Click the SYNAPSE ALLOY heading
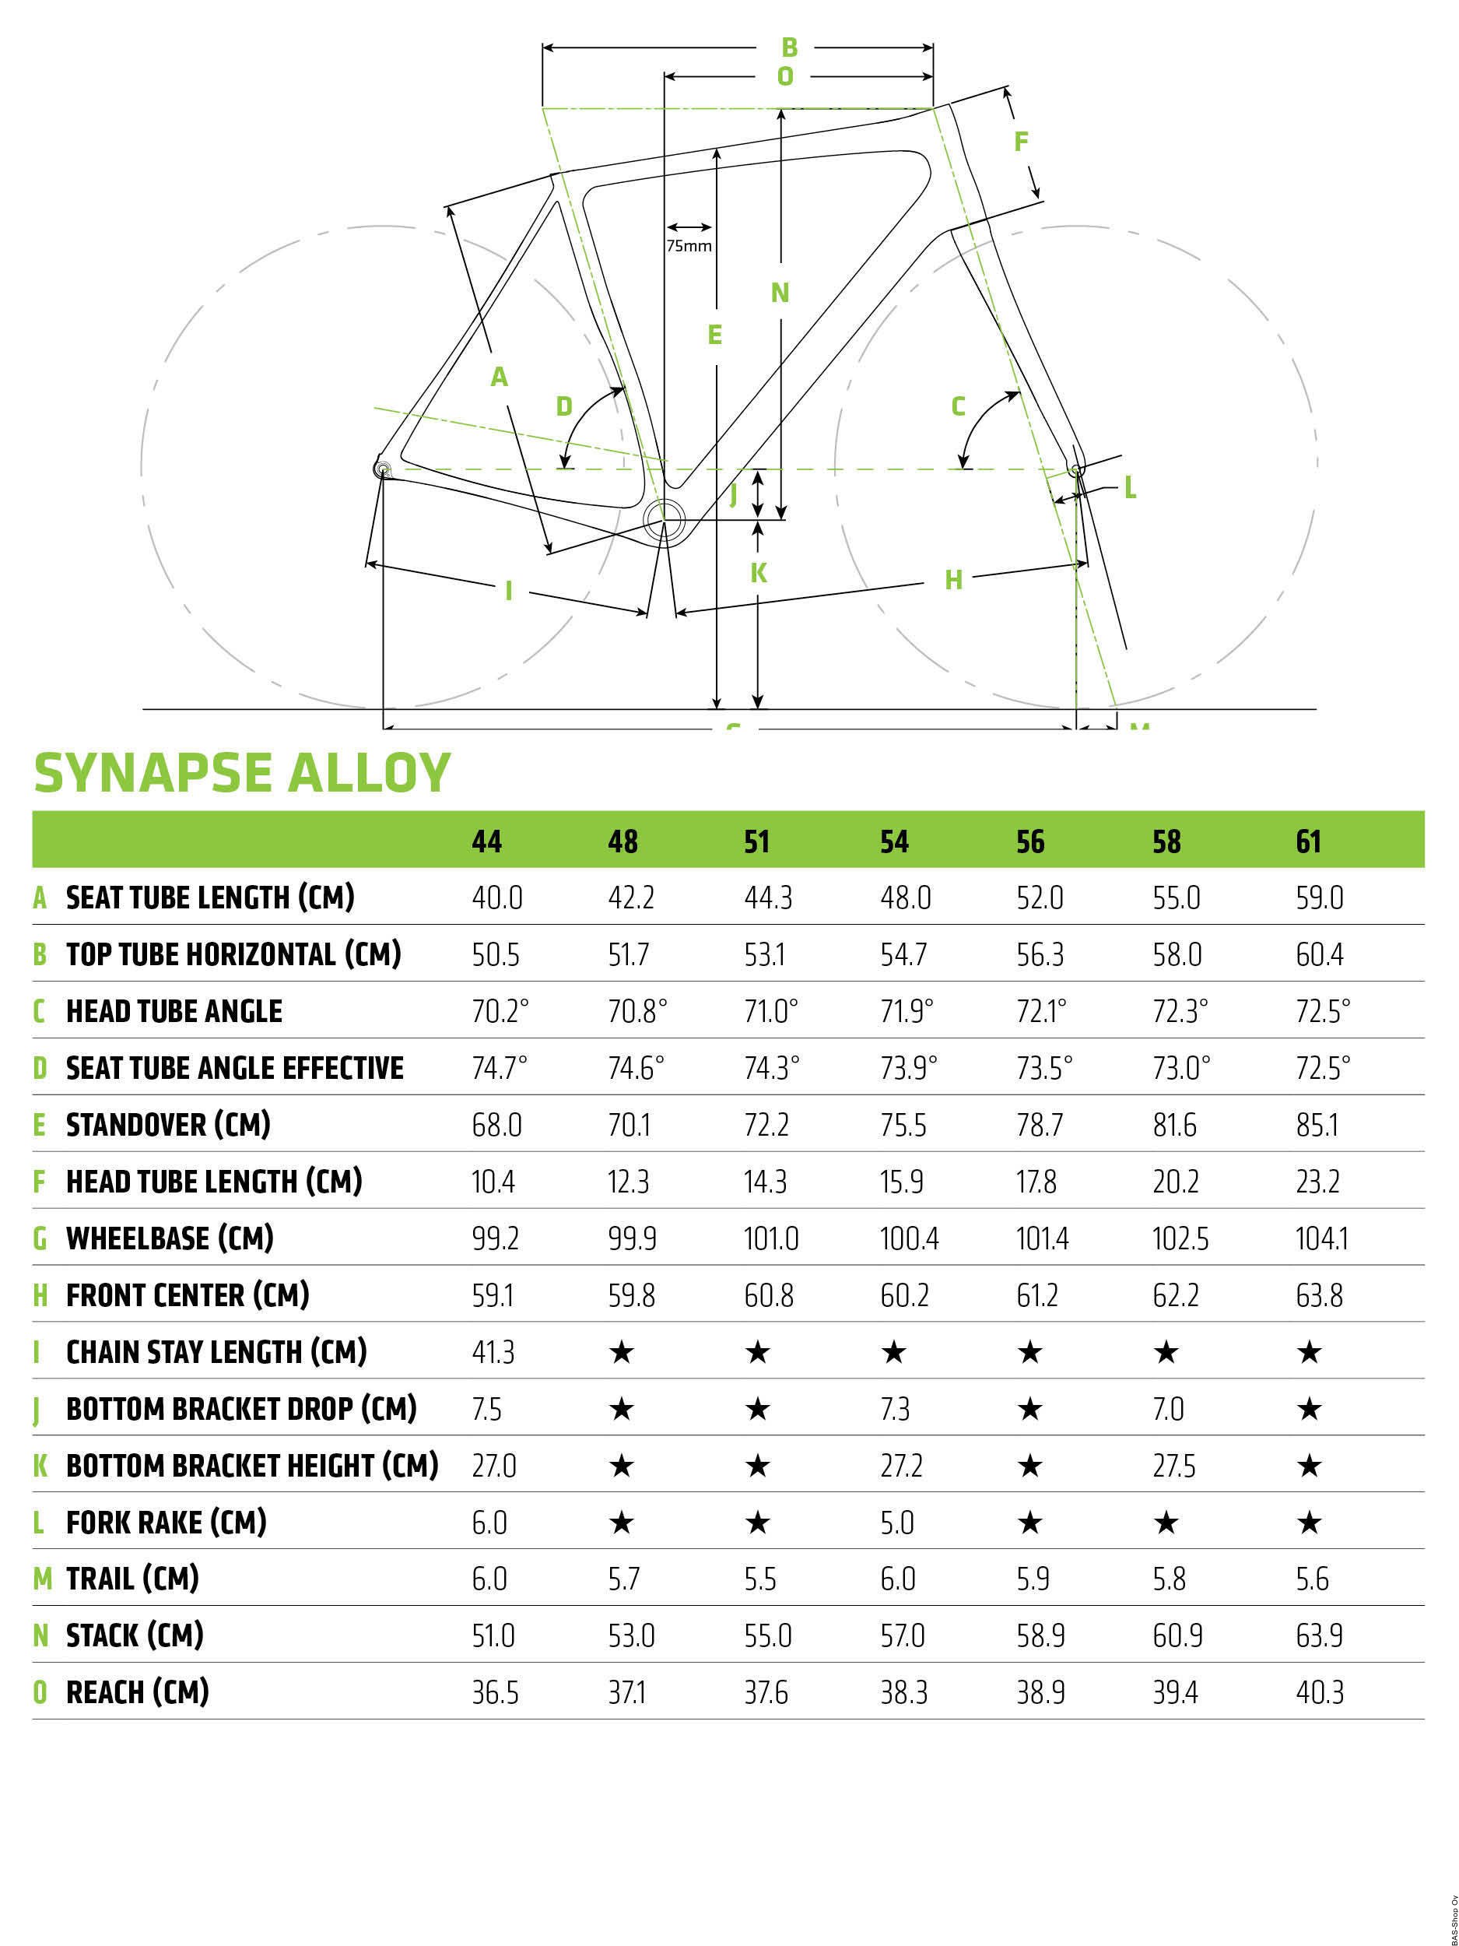[x=242, y=773]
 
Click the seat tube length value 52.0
[x=1040, y=898]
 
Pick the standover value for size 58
[x=1174, y=1126]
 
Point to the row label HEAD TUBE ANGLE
[x=174, y=1012]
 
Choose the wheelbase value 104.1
[x=1322, y=1238]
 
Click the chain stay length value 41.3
[x=493, y=1352]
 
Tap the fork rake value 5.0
[x=897, y=1523]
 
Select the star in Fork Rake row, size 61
[x=1309, y=1523]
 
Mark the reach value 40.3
[x=1319, y=1694]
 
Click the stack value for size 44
[x=493, y=1636]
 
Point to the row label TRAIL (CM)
[x=133, y=1579]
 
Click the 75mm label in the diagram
[x=689, y=246]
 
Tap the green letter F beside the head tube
[x=1021, y=141]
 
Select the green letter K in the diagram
[x=758, y=573]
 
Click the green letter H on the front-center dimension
[x=953, y=580]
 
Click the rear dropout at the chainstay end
[x=383, y=470]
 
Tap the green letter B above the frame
[x=789, y=47]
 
